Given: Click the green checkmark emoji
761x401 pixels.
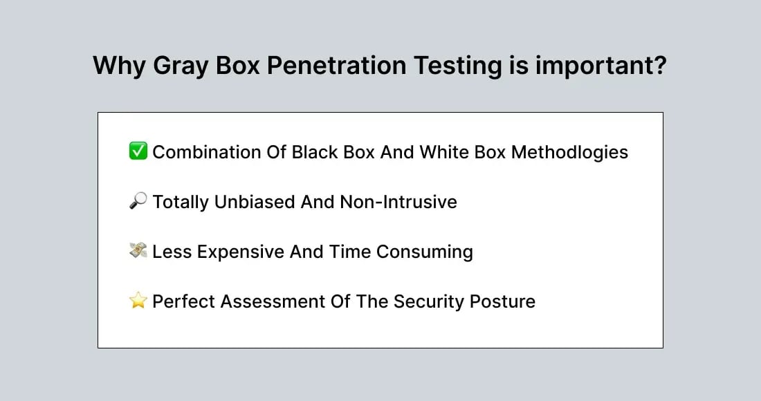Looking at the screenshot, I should click(x=138, y=151).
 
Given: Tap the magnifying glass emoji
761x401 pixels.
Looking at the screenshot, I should click(x=138, y=201).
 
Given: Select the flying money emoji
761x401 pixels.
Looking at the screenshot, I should click(x=138, y=251).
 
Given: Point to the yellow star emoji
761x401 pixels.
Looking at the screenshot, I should click(x=138, y=301).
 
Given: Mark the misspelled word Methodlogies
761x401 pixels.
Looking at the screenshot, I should click(x=569, y=152).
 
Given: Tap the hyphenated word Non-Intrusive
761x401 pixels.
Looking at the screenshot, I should click(x=398, y=202).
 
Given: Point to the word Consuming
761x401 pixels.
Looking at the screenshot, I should click(x=425, y=252).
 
